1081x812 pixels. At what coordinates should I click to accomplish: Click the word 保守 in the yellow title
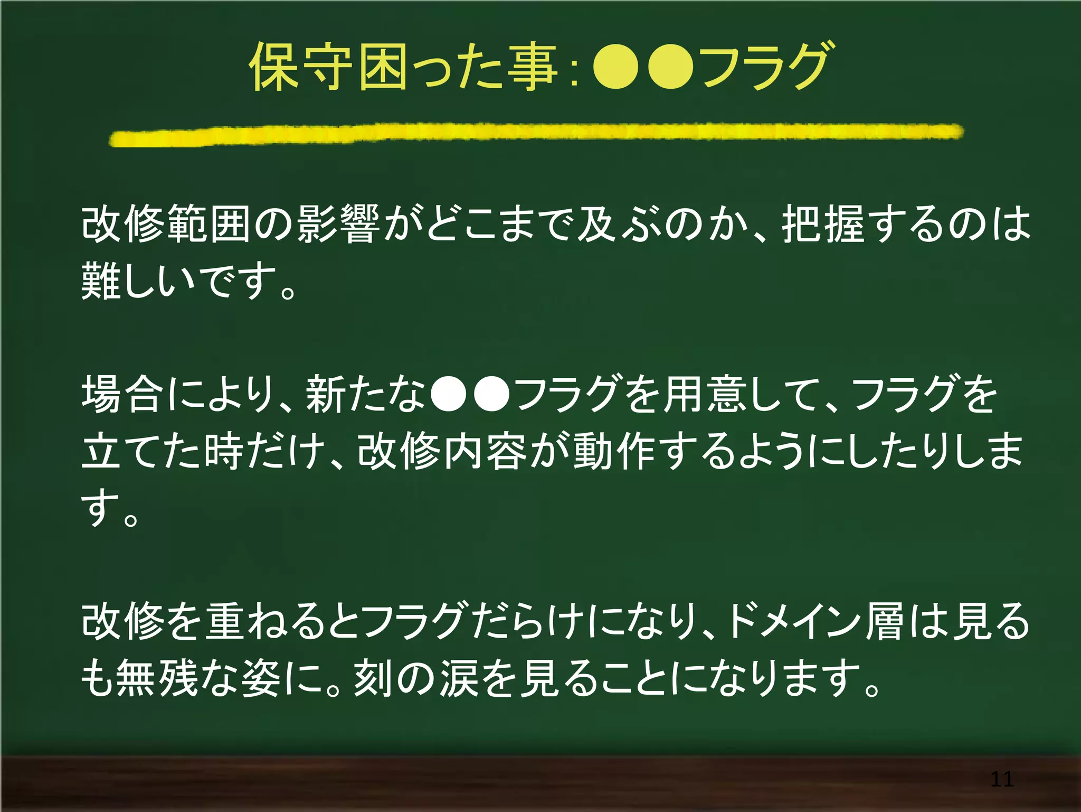coord(301,68)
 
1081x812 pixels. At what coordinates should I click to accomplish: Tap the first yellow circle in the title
coord(614,68)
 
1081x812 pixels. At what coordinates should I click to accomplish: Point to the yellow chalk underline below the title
coord(536,134)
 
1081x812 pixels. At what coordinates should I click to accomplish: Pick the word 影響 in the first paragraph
coord(338,224)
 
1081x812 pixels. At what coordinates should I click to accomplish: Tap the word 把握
coord(822,224)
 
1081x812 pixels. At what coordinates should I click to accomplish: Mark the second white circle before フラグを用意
coord(491,394)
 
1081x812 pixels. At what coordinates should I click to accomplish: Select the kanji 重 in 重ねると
coord(225,621)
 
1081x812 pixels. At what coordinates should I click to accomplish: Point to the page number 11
coord(1001,779)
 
